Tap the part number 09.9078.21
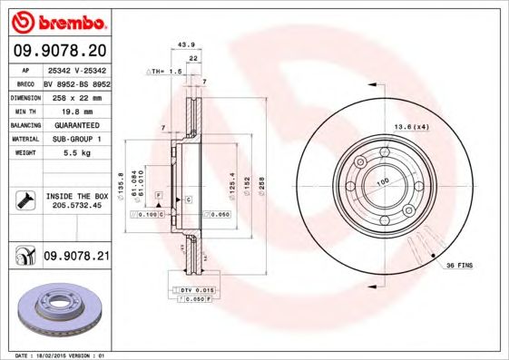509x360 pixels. coord(76,257)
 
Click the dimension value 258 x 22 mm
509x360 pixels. coord(73,95)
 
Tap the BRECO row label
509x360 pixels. coord(24,81)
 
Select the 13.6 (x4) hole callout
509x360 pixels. coord(409,126)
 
